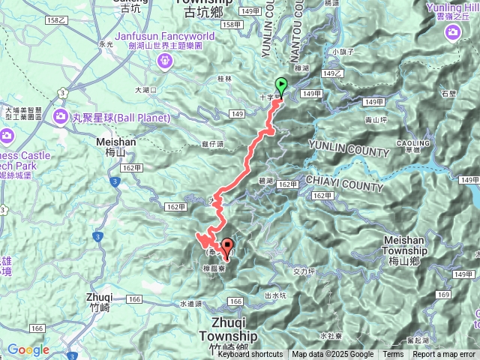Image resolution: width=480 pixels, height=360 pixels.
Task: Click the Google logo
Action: (28, 349)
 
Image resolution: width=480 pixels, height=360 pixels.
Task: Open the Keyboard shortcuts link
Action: (250, 355)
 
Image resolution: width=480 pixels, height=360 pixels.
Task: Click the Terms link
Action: (393, 355)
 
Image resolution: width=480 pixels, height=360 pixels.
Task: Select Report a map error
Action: (444, 355)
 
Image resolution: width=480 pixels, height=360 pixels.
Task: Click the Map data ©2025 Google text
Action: (333, 355)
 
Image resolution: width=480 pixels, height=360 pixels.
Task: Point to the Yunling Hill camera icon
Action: (452, 31)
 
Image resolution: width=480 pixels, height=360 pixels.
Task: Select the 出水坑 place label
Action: (276, 296)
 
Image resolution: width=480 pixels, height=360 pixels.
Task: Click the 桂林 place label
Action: (224, 78)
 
